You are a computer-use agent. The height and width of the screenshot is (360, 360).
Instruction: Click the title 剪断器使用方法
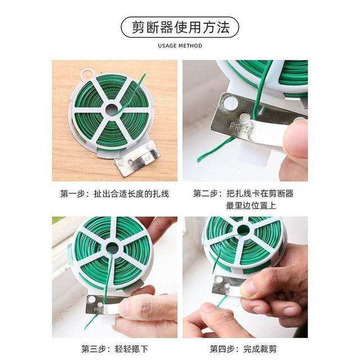click(179, 26)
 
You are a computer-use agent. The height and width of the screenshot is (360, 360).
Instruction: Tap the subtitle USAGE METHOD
click(179, 46)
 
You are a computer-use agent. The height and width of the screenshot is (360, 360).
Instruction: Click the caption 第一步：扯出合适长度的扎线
click(115, 193)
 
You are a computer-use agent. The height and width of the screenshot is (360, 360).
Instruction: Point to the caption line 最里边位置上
click(251, 206)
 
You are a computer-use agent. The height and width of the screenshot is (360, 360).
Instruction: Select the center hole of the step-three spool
click(112, 248)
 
